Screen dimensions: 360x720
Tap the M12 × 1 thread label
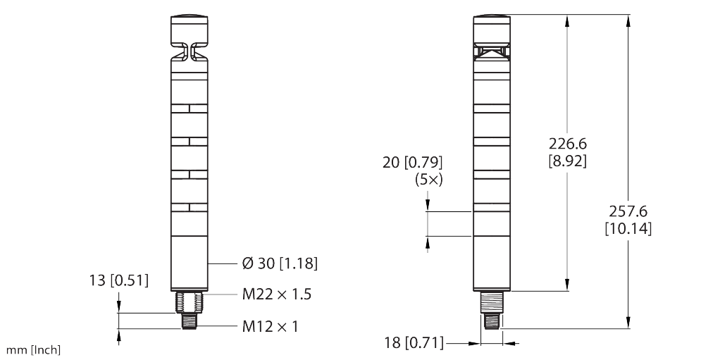tap(271, 328)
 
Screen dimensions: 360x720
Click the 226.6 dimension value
tap(569, 144)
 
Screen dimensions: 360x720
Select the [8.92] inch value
tap(569, 160)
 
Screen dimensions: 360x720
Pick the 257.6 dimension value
tap(628, 212)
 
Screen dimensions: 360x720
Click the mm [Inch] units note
tap(34, 349)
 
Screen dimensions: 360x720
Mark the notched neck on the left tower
tap(189, 52)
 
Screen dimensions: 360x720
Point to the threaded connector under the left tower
tap(189, 311)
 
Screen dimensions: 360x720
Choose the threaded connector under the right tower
tap(492, 310)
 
